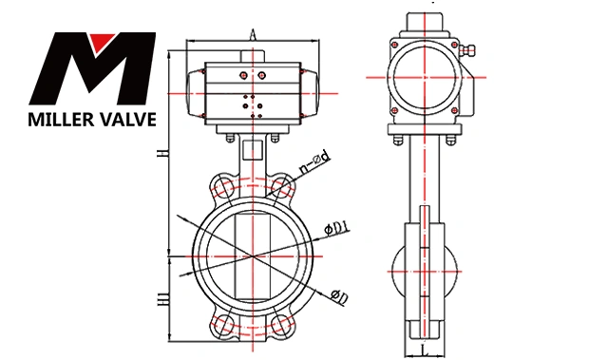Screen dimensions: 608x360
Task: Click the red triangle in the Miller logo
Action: coord(102,41)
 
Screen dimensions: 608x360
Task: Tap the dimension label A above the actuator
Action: coord(253,34)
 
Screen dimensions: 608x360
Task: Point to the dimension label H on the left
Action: coord(163,153)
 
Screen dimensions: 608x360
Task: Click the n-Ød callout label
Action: coord(314,162)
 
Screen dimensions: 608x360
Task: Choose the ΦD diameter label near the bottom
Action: coord(339,296)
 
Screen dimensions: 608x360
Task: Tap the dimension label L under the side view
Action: coord(425,351)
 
